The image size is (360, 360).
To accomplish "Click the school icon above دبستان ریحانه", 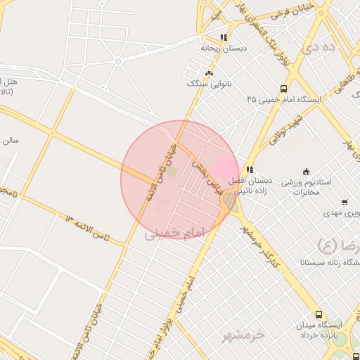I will [224, 38].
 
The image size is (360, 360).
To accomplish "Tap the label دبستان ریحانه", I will [223, 51].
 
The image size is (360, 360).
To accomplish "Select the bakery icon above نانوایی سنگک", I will [208, 72].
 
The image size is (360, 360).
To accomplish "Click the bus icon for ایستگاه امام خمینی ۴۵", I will [283, 89].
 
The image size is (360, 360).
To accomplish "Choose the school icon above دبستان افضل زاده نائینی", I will [250, 169].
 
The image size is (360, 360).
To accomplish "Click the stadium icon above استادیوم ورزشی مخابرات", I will [305, 172].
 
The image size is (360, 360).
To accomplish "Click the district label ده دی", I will [316, 49].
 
